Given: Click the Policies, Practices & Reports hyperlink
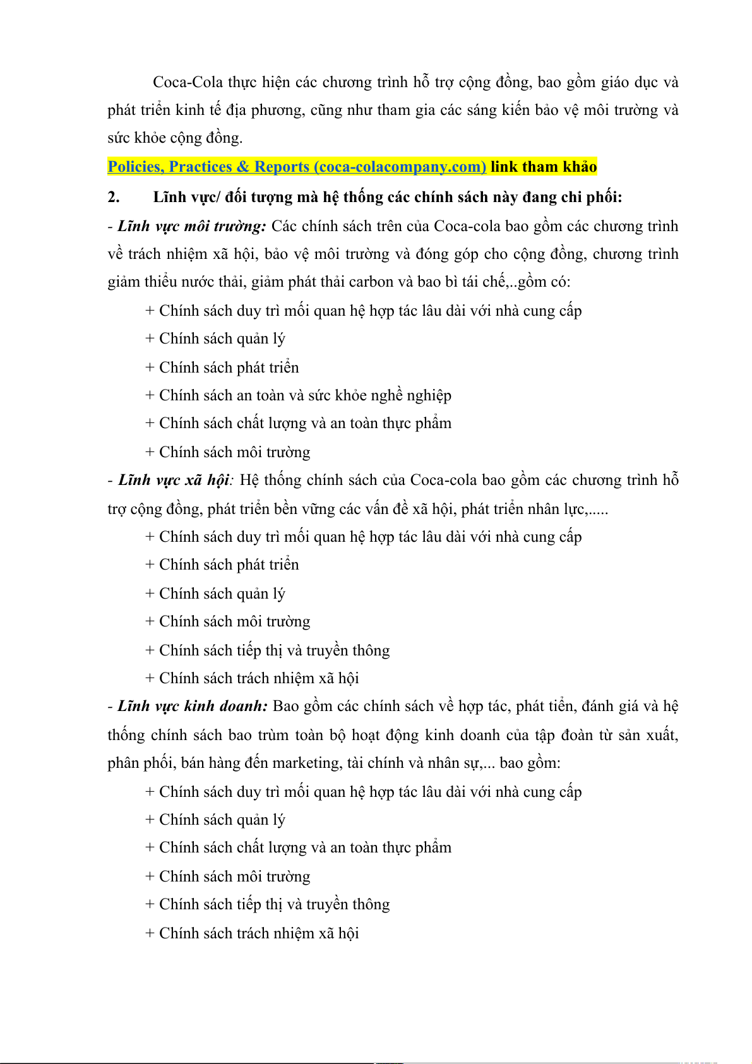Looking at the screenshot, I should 297,167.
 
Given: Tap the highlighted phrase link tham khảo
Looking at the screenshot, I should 544,167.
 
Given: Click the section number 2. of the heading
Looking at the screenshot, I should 114,197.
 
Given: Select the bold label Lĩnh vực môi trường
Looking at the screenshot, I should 192,226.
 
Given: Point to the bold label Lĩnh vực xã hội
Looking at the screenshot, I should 174,480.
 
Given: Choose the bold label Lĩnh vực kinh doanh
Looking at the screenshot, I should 193,706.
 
